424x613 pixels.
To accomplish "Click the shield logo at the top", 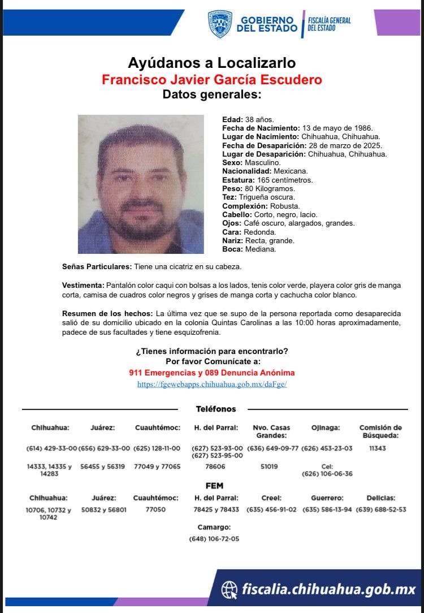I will point(220,24).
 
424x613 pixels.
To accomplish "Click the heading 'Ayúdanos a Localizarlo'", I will point(211,62).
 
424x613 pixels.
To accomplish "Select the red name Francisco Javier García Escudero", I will point(211,79).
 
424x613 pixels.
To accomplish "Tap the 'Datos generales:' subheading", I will point(211,94).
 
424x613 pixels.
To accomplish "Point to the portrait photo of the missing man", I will point(141,184).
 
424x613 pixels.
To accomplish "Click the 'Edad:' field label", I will point(232,120).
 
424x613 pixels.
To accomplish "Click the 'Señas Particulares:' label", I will point(97,266).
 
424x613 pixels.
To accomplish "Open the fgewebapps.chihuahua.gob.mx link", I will point(211,384).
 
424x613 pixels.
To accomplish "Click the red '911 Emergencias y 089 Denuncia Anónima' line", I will point(211,373).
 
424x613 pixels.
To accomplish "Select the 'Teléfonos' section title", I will point(216,409).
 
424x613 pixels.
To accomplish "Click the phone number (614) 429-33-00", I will point(51,448).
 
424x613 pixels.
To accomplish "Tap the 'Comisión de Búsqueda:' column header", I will point(380,431).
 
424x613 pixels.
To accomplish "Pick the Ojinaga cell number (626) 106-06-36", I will point(327,473).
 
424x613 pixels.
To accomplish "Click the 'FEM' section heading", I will point(215,486).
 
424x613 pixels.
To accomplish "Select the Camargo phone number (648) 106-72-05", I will point(214,539).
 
